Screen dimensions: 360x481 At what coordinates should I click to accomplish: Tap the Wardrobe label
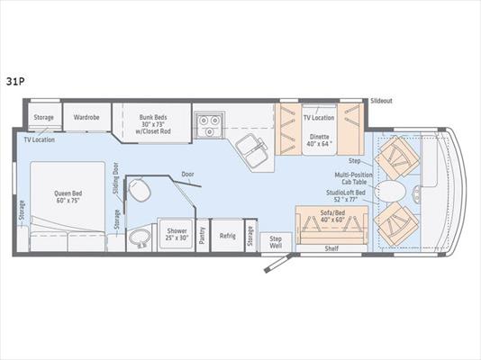(86, 117)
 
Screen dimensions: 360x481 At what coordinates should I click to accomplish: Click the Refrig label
(228, 236)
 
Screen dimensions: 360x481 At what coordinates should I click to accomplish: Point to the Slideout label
(381, 101)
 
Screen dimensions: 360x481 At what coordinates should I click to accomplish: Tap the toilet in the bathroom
(140, 192)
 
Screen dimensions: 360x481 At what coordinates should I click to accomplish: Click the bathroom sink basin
(140, 239)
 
